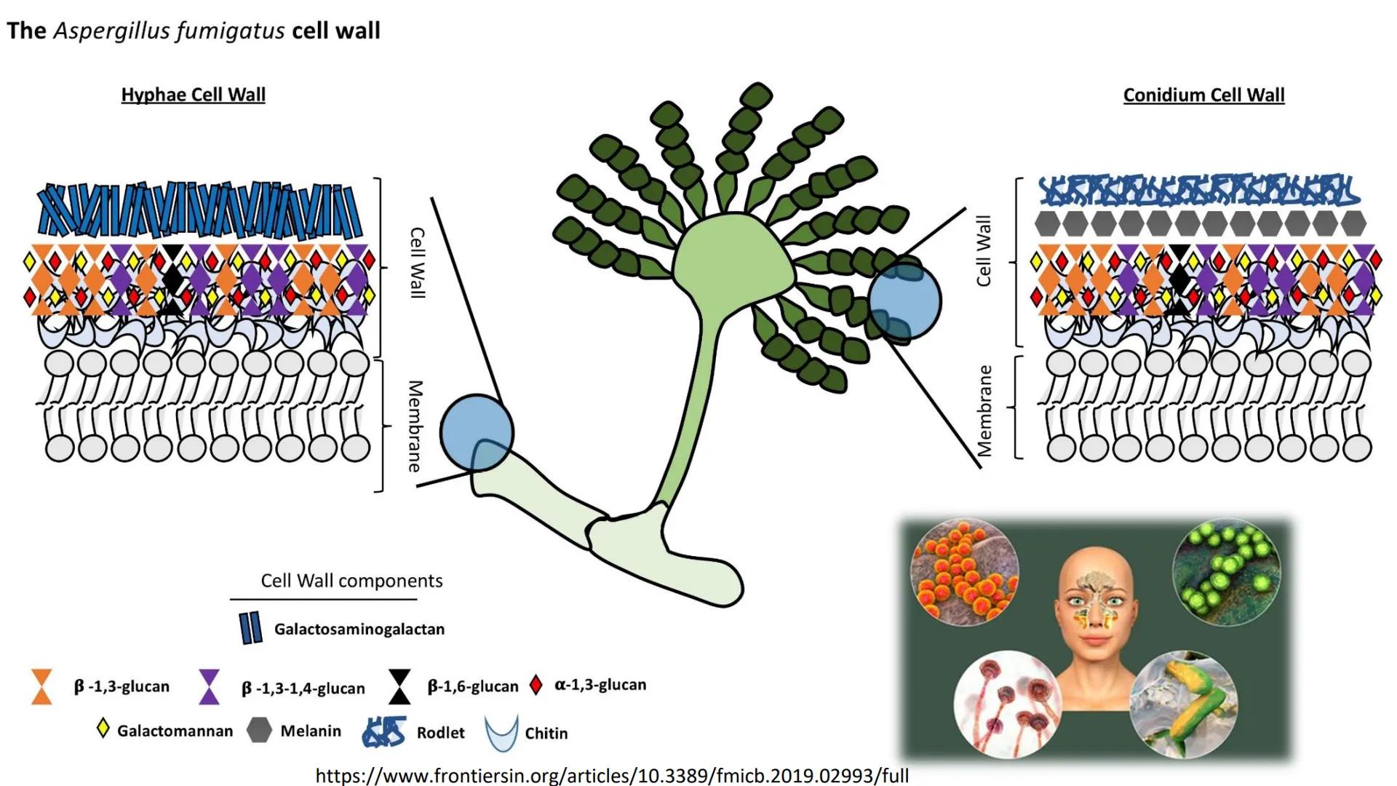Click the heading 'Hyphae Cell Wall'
[193, 95]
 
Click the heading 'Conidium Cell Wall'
[1203, 95]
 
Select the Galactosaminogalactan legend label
[359, 629]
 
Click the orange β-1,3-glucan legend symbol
[42, 686]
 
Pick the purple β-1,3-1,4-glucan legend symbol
[210, 686]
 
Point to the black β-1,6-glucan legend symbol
[399, 686]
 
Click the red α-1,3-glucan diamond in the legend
[536, 685]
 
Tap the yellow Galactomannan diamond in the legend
[103, 729]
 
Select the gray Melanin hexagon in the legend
[259, 730]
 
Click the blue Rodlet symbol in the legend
[384, 731]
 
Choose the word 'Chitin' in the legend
[546, 733]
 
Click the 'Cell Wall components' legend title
[351, 581]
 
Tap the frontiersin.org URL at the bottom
[612, 775]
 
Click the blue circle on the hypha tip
[477, 432]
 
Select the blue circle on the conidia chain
[905, 301]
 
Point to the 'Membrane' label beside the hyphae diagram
[415, 426]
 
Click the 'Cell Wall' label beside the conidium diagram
[984, 250]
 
